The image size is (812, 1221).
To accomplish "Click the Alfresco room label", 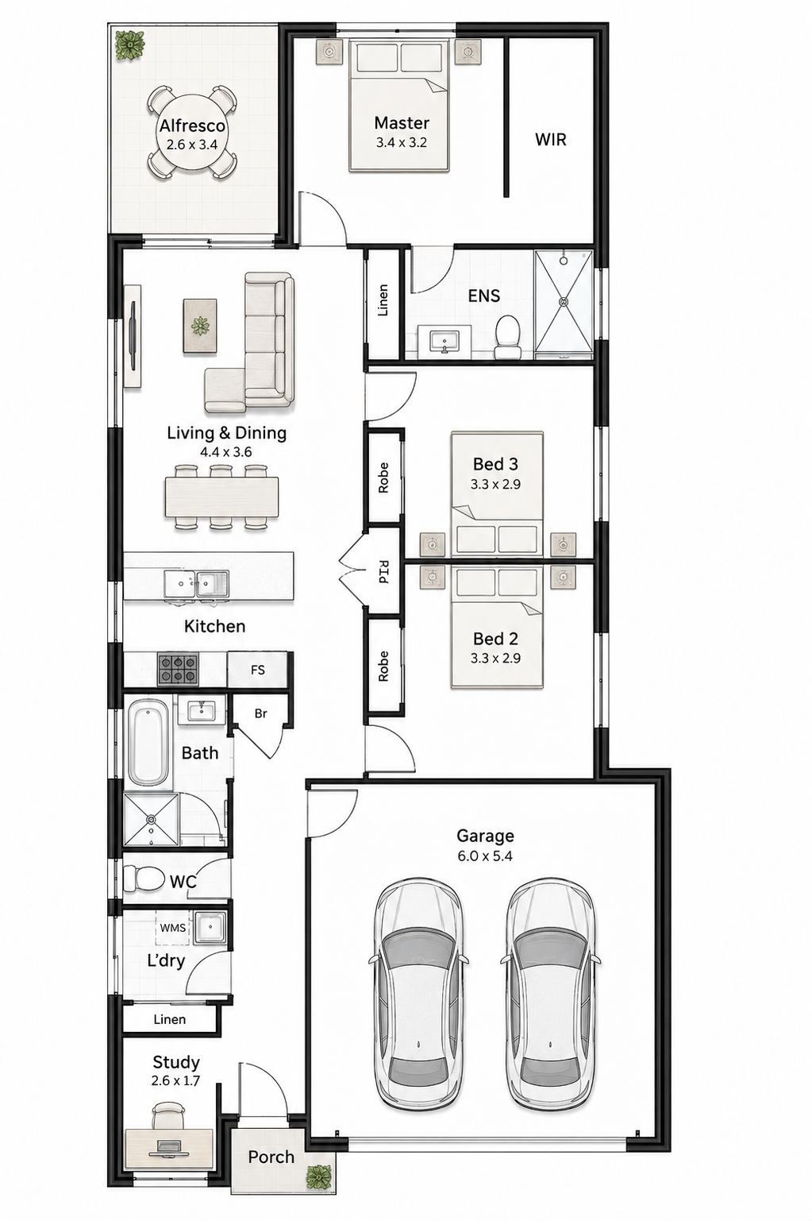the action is tap(192, 126).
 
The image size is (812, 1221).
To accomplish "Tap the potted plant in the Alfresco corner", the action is tap(130, 44).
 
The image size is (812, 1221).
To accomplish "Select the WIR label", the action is tap(551, 140).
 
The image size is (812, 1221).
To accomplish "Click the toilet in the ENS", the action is tap(507, 338).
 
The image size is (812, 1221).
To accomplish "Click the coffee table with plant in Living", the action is tap(200, 326).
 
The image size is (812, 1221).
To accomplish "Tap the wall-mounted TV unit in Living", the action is tap(133, 336).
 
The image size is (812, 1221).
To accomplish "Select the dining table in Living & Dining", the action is tap(221, 497).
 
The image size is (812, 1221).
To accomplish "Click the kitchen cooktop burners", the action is tap(178, 670).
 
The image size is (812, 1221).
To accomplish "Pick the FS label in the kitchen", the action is tap(258, 670).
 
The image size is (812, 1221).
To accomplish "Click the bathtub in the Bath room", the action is tap(148, 742).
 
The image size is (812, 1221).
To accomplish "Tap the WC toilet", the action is tap(144, 878).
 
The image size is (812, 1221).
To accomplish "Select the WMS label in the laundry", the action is tap(172, 927).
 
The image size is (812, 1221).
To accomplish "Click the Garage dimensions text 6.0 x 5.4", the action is tap(485, 856).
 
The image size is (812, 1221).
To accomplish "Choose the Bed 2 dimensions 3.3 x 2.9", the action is tap(495, 658).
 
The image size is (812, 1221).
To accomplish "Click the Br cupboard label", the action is tap(261, 713).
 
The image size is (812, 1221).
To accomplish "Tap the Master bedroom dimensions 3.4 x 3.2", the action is tap(402, 143).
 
